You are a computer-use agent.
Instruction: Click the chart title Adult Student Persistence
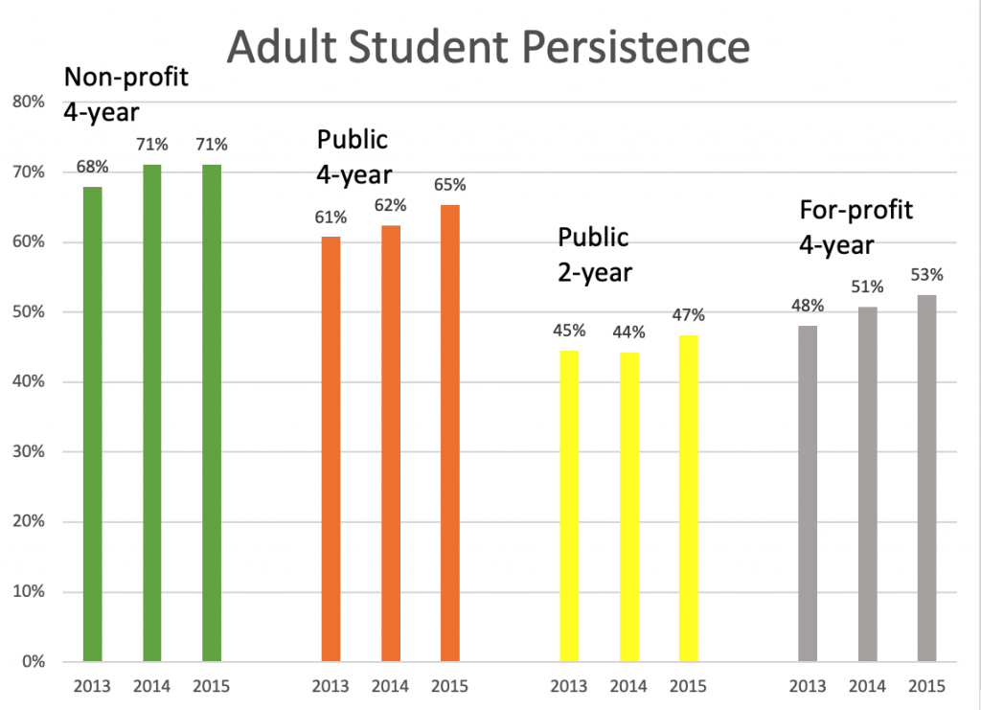(488, 46)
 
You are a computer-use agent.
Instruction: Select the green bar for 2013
(92, 424)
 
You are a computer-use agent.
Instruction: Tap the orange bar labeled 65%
(449, 433)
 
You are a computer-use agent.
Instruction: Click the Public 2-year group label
(595, 254)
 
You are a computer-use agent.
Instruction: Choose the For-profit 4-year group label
(856, 227)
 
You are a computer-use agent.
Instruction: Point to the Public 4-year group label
(354, 157)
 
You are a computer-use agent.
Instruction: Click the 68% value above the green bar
(92, 167)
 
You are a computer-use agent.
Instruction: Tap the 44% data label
(628, 332)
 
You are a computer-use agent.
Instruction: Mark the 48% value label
(808, 307)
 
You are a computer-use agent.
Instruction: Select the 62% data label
(390, 205)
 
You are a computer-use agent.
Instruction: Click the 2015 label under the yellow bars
(688, 686)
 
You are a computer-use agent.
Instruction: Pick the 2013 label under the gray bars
(808, 686)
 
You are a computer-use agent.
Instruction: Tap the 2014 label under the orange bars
(390, 686)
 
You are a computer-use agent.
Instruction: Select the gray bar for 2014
(867, 484)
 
